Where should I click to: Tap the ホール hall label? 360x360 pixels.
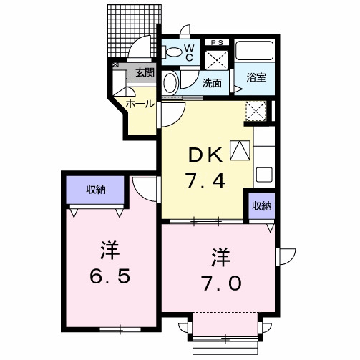[x=140, y=104]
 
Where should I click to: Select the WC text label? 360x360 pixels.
[x=190, y=52]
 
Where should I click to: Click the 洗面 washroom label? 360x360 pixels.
[x=211, y=82]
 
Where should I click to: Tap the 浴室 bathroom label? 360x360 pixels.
[x=257, y=77]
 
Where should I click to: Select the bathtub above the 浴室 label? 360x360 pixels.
[x=256, y=52]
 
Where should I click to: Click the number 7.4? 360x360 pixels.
[x=207, y=181]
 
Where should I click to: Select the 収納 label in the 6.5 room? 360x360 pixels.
[x=97, y=190]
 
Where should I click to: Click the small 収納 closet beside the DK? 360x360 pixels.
[x=261, y=206]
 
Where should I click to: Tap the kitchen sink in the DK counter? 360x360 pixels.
[x=263, y=174]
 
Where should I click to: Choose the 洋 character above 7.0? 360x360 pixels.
[x=220, y=256]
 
